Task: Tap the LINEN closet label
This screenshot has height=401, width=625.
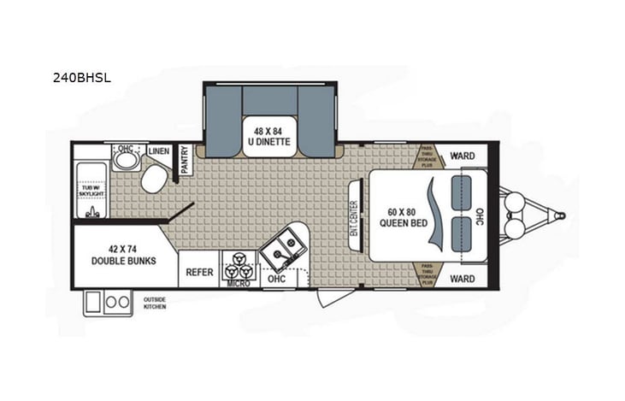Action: tap(159, 151)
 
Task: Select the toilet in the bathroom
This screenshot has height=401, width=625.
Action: tap(155, 179)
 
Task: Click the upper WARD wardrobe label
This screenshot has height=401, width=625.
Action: tap(462, 156)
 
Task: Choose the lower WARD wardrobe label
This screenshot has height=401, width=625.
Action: tap(462, 278)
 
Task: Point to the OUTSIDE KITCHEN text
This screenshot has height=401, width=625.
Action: tap(154, 303)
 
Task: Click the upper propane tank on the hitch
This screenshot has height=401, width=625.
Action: tap(518, 202)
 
